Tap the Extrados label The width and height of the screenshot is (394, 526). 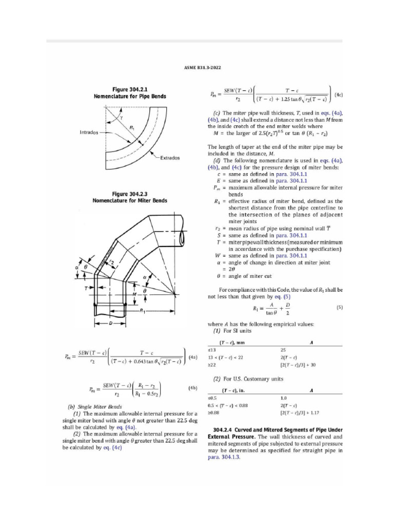coord(169,158)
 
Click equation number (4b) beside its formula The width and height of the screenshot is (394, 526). coord(193,389)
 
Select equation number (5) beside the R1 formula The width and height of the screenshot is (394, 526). coord(339,308)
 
